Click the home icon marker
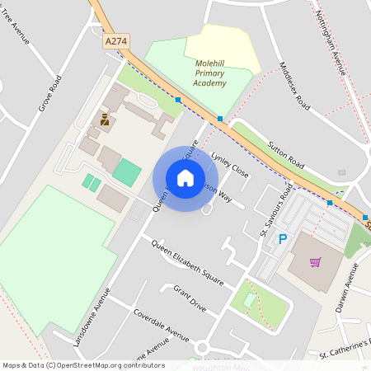coord(185,178)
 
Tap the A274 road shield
coord(117,40)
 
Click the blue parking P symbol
coord(283,239)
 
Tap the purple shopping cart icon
coord(315,262)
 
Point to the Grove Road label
coord(49,93)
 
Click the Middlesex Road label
coord(294,87)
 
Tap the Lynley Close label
coord(230,164)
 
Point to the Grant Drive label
coord(190,298)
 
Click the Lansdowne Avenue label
coord(92,317)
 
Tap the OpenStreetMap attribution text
coord(82,365)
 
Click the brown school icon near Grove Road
coord(105,120)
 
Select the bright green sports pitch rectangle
coord(126,172)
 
